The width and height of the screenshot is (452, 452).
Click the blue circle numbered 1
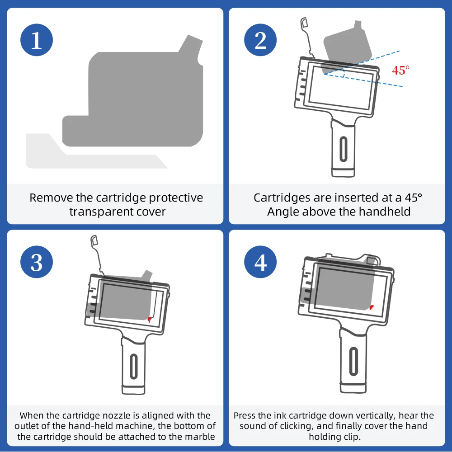37,40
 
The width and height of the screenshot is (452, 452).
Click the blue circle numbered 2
260,40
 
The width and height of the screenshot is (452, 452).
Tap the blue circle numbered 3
37,262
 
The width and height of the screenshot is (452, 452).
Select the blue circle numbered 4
260,262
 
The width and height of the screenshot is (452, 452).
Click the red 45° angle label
400,70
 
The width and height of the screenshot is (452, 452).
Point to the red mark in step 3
149,319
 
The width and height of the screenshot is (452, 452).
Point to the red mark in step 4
372,307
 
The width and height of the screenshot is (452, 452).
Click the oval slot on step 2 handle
344,149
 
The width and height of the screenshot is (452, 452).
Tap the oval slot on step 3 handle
134,366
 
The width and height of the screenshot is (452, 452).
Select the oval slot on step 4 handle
353,361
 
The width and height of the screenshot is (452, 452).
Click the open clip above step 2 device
307,38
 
